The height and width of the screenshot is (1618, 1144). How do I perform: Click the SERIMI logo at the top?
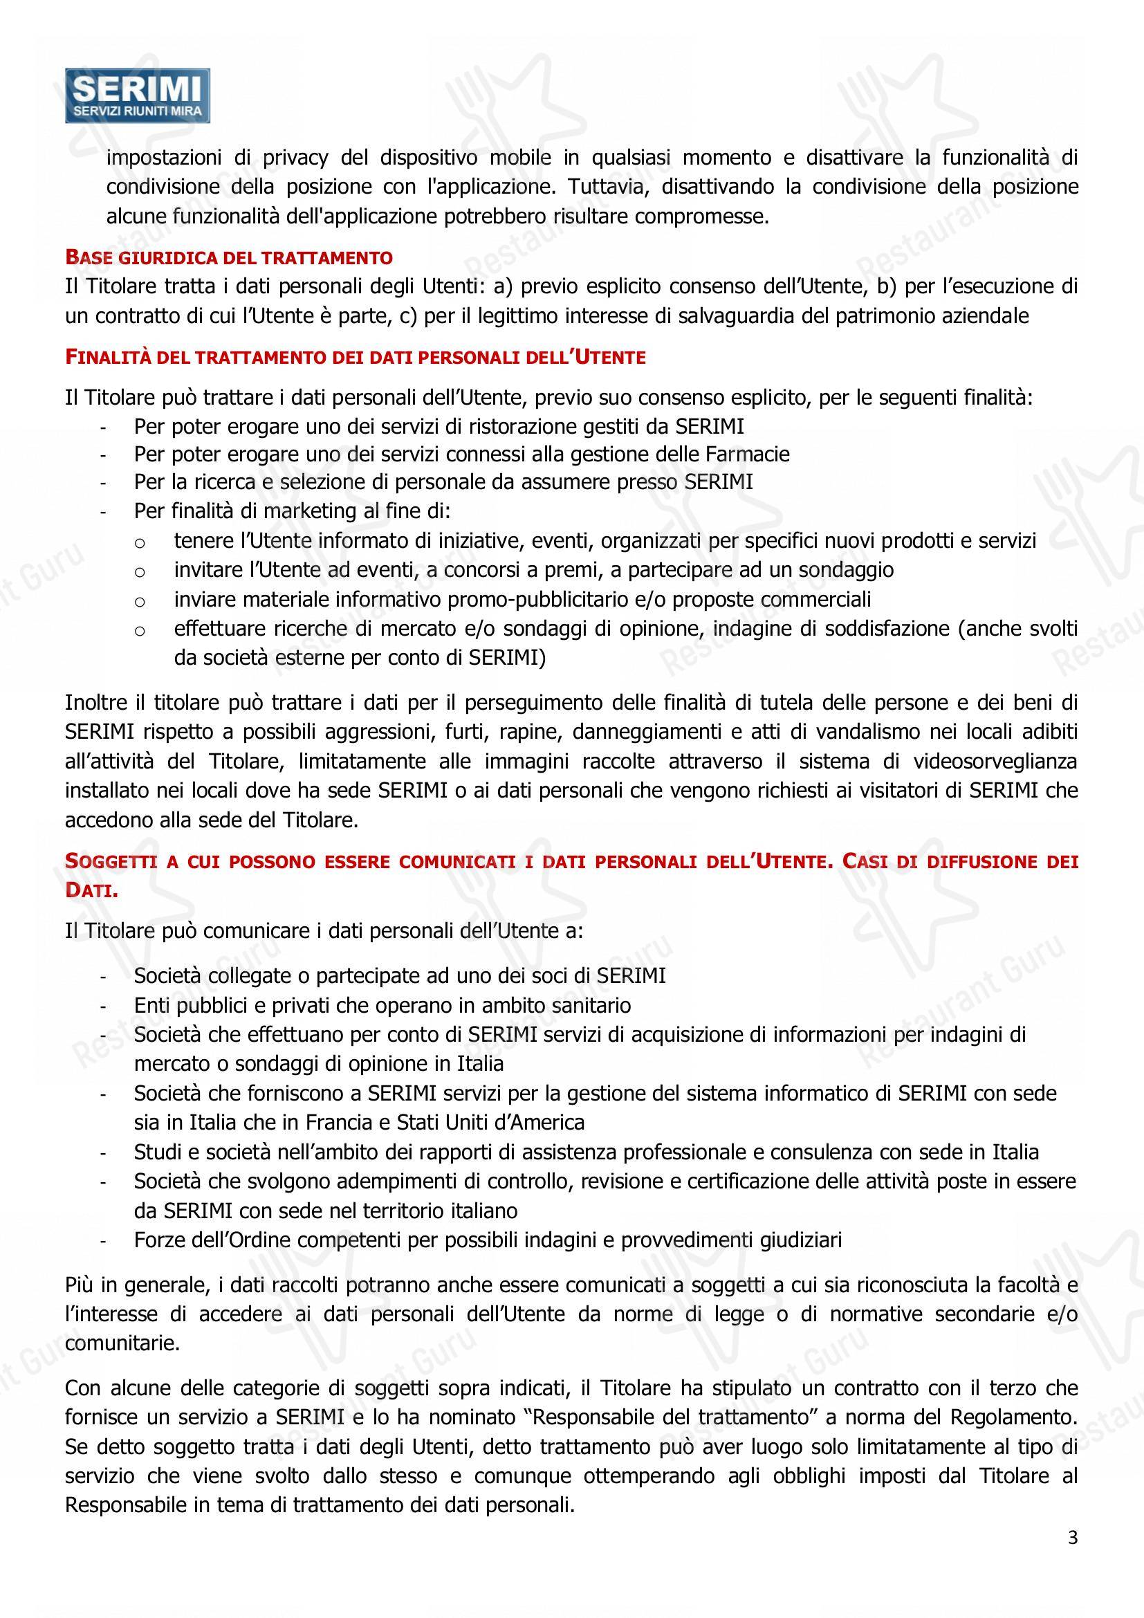138,95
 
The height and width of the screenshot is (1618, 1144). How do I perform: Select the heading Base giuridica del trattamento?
229,257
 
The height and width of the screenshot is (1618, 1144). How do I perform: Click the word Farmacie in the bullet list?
748,454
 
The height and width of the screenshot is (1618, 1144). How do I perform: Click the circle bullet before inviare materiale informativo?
140,600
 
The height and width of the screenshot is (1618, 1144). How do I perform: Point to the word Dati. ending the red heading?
91,891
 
